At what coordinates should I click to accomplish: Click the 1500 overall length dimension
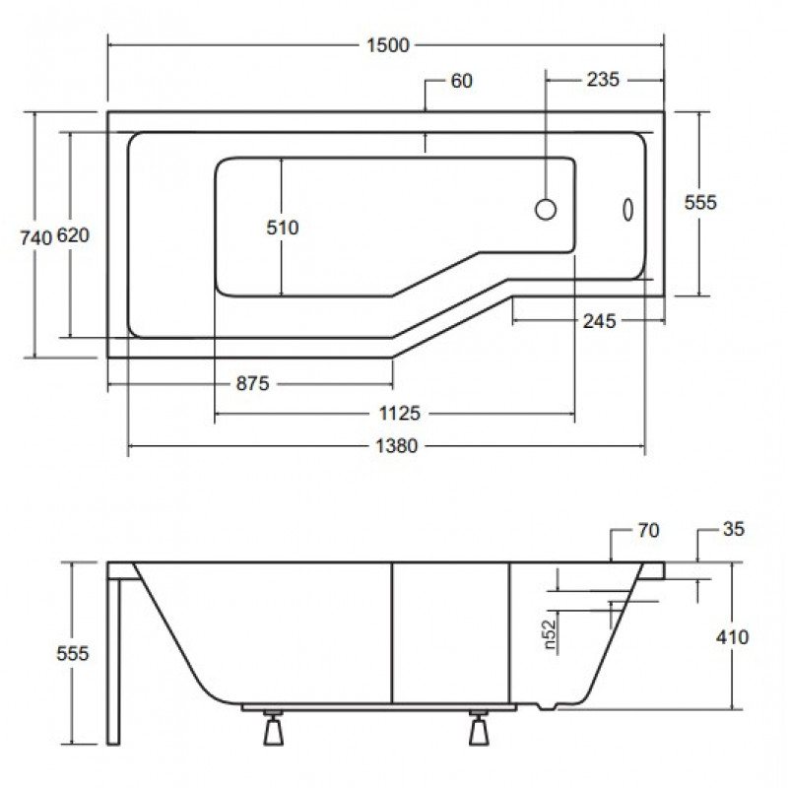coord(387,45)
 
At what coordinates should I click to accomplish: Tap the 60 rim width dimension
coord(461,81)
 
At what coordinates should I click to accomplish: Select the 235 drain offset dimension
coord(603,80)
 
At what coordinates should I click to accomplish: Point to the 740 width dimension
coord(35,237)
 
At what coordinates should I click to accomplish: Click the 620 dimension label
coord(73,235)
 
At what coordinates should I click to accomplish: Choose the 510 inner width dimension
coord(283,228)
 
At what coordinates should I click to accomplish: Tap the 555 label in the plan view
coord(700,203)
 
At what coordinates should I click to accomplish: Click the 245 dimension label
coord(599,321)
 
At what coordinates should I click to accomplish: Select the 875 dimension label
coord(253,383)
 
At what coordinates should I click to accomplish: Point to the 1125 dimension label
coord(399,413)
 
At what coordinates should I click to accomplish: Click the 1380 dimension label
coord(397,446)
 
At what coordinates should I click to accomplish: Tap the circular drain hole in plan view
coord(546,209)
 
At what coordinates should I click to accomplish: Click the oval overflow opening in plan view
coord(627,210)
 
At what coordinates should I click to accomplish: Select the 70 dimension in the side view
coord(648,530)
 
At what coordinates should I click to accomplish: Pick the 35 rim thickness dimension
coord(733,529)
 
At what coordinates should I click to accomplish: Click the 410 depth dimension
coord(732,637)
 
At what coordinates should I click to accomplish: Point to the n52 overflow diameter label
coord(551,633)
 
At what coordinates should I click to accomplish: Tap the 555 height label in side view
coord(72,653)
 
